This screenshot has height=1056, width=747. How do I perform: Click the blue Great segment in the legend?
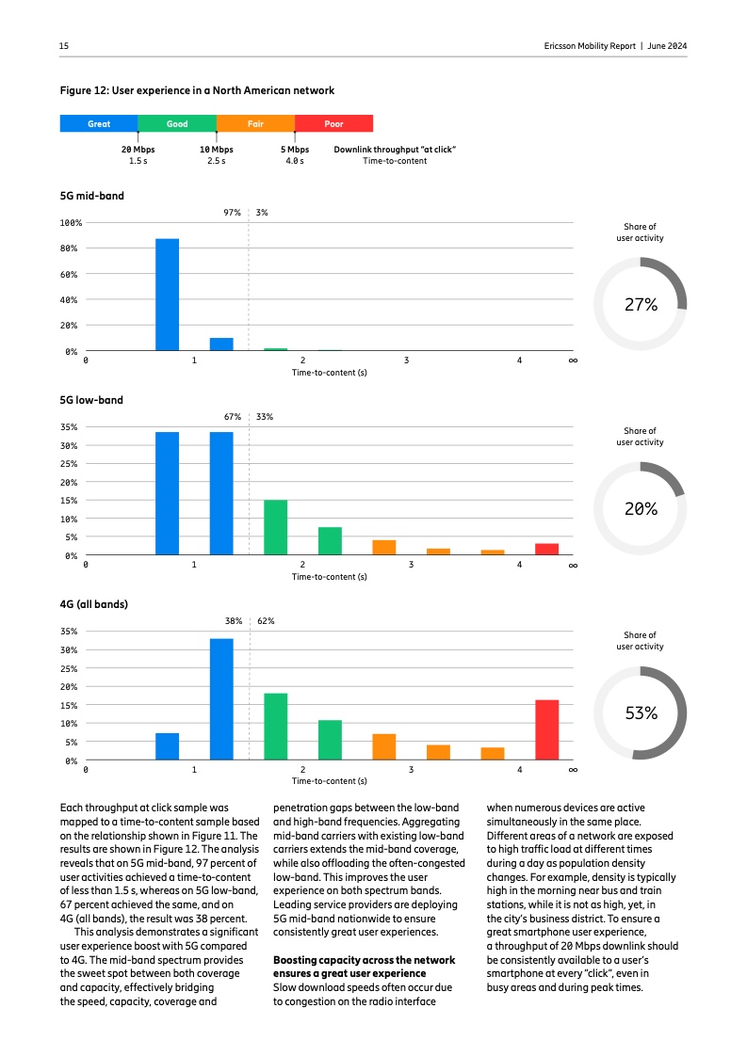[98, 123]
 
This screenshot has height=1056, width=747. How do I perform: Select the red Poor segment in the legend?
[333, 123]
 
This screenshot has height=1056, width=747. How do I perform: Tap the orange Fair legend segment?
[255, 123]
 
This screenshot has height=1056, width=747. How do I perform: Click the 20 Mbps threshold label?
[138, 149]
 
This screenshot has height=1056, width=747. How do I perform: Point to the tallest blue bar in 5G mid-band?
[167, 295]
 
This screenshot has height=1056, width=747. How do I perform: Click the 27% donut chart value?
[641, 305]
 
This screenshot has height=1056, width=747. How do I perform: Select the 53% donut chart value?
[641, 713]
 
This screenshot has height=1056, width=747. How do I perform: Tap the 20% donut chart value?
[641, 509]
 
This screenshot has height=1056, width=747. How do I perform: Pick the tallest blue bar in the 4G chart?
[221, 698]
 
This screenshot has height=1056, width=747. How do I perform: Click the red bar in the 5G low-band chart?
[547, 549]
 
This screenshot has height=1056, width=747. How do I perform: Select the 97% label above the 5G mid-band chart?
[232, 213]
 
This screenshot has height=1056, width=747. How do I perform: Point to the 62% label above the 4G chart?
[266, 621]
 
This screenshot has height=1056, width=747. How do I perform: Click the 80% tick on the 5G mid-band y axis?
[71, 248]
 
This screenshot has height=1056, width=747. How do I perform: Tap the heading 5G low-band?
[91, 400]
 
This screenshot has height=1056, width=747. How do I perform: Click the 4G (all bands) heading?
[94, 604]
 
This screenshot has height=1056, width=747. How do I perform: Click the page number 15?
[64, 46]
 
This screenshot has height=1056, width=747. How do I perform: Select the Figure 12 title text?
[197, 90]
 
